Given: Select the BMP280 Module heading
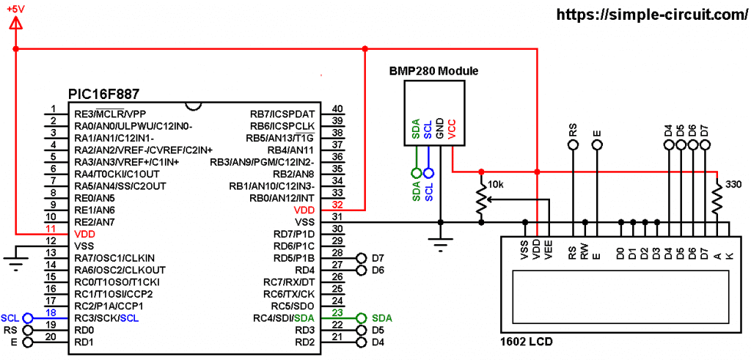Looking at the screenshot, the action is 434,72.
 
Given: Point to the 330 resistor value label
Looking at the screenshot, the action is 733,184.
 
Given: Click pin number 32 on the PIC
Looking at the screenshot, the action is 337,205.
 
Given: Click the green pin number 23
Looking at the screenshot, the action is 337,312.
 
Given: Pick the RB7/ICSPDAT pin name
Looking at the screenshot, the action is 282,114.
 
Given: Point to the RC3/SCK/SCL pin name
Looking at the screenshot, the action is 108,318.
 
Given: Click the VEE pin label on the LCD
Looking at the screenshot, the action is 549,251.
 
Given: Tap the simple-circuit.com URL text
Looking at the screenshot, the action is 652,15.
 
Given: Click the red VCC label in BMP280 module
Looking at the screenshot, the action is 451,129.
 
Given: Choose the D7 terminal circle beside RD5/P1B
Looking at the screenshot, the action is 361,258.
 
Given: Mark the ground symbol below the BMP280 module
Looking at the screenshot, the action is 440,242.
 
